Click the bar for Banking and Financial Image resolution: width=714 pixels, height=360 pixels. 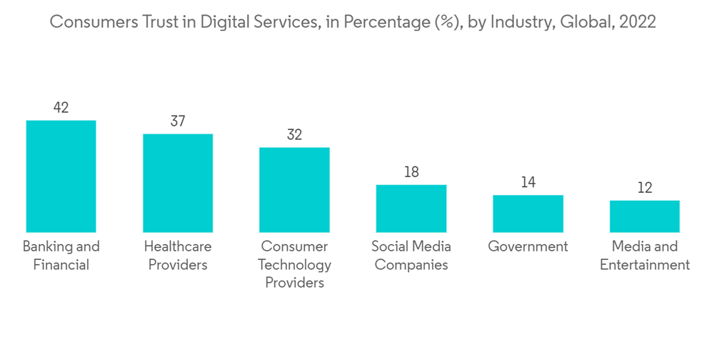(x=61, y=176)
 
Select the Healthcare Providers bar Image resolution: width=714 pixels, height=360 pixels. (x=178, y=183)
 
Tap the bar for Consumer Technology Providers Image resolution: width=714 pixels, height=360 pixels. (x=294, y=190)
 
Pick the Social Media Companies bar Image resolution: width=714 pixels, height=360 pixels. (x=411, y=209)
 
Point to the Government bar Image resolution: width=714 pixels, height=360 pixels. (x=528, y=214)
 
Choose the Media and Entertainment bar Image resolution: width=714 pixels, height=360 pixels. (x=645, y=216)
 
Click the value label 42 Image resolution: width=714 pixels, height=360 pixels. (x=61, y=108)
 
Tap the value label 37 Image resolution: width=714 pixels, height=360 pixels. (x=178, y=121)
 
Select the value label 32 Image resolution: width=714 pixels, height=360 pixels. (x=294, y=135)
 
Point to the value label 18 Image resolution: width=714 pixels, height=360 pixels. (x=411, y=172)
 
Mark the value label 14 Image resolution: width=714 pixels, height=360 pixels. (x=528, y=182)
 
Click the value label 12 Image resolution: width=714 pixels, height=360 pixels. (x=645, y=188)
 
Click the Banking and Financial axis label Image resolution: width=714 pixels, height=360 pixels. (x=61, y=256)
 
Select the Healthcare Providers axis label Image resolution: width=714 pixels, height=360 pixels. (x=178, y=256)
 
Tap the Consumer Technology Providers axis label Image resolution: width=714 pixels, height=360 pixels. (x=294, y=264)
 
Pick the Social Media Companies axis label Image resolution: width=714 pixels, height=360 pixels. (x=411, y=256)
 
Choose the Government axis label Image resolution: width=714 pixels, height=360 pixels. (x=528, y=247)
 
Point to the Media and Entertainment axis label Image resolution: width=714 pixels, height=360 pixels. (x=645, y=256)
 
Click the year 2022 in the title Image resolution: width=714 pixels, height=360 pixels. (x=638, y=22)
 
